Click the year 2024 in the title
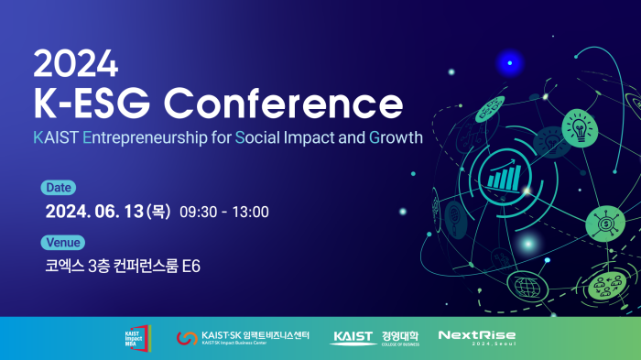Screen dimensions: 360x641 76,63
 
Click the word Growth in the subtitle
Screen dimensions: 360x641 396,139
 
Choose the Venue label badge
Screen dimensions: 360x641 63,243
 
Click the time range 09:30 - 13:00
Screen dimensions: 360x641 224,213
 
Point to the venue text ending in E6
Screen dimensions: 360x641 122,267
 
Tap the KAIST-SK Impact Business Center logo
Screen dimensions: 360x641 243,338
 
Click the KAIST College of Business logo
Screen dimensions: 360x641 376,338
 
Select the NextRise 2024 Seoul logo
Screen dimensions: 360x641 476,337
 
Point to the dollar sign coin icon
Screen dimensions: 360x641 604,223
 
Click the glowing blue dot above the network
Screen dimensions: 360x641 509,62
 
